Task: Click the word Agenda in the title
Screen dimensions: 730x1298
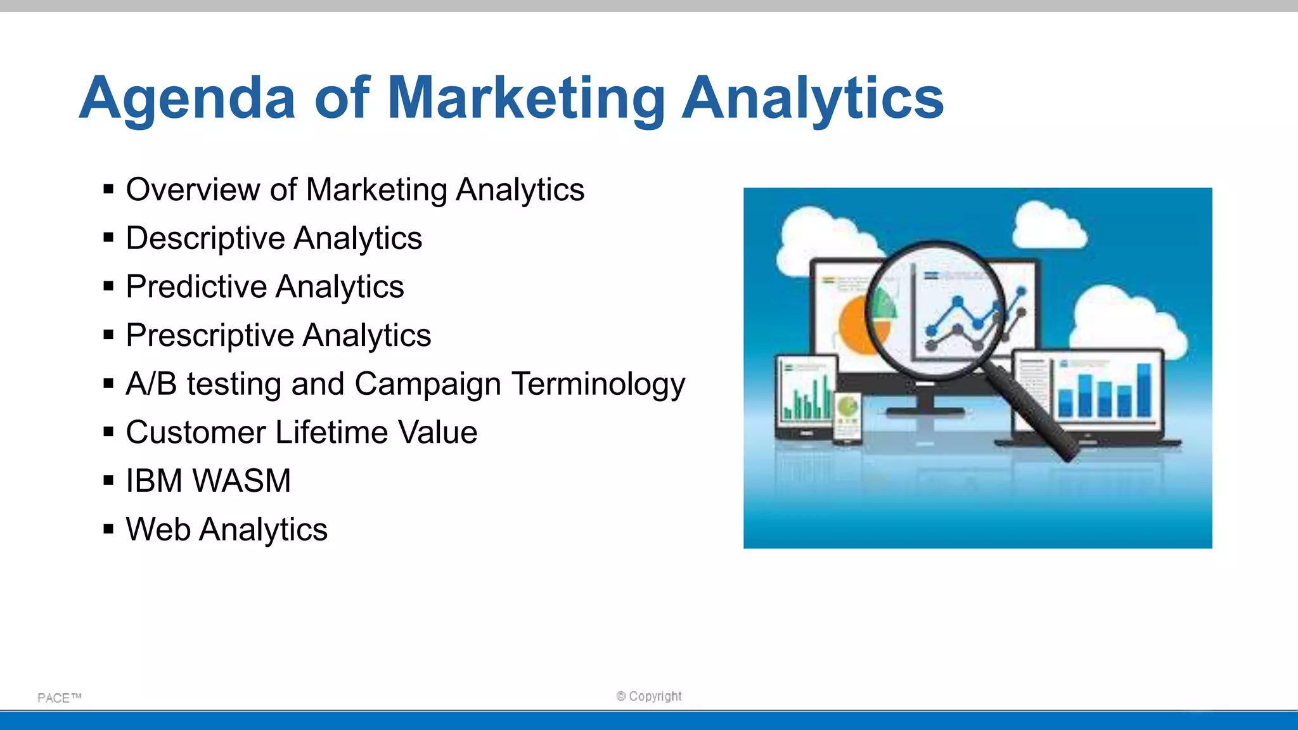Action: click(188, 99)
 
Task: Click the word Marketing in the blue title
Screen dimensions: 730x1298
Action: click(526, 99)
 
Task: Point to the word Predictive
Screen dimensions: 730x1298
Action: click(196, 287)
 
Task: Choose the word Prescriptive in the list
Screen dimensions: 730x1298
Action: click(209, 335)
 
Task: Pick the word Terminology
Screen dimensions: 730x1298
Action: click(598, 384)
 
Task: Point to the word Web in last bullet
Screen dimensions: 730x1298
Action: click(158, 530)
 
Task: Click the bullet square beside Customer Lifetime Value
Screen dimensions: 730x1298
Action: click(108, 432)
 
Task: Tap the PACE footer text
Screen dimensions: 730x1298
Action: click(59, 698)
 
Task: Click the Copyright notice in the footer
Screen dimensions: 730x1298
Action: click(649, 696)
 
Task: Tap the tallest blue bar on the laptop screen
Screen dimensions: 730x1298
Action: click(1144, 389)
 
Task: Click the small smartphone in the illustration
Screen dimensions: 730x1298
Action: click(847, 417)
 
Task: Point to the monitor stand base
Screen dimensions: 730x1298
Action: click(925, 411)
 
